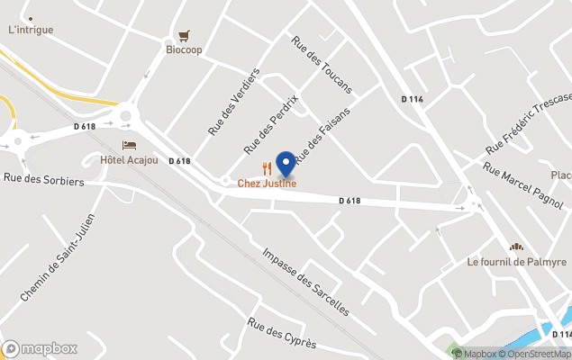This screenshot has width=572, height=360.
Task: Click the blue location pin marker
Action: (286, 164)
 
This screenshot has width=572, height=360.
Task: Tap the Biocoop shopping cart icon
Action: (184, 36)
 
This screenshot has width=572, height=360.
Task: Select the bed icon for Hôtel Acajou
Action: (130, 146)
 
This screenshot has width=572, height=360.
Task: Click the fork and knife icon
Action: (267, 168)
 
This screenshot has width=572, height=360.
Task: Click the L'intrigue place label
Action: (31, 30)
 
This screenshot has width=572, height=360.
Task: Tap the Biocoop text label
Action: (184, 50)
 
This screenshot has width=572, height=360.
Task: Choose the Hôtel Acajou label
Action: (129, 160)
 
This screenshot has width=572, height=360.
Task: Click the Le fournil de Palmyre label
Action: (516, 262)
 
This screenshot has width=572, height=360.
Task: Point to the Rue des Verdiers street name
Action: (233, 102)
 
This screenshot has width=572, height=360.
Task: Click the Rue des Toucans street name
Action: (321, 65)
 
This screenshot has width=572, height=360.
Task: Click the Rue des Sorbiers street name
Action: (42, 181)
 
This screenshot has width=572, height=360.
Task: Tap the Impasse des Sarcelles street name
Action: (305, 280)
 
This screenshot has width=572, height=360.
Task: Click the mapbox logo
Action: (41, 348)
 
